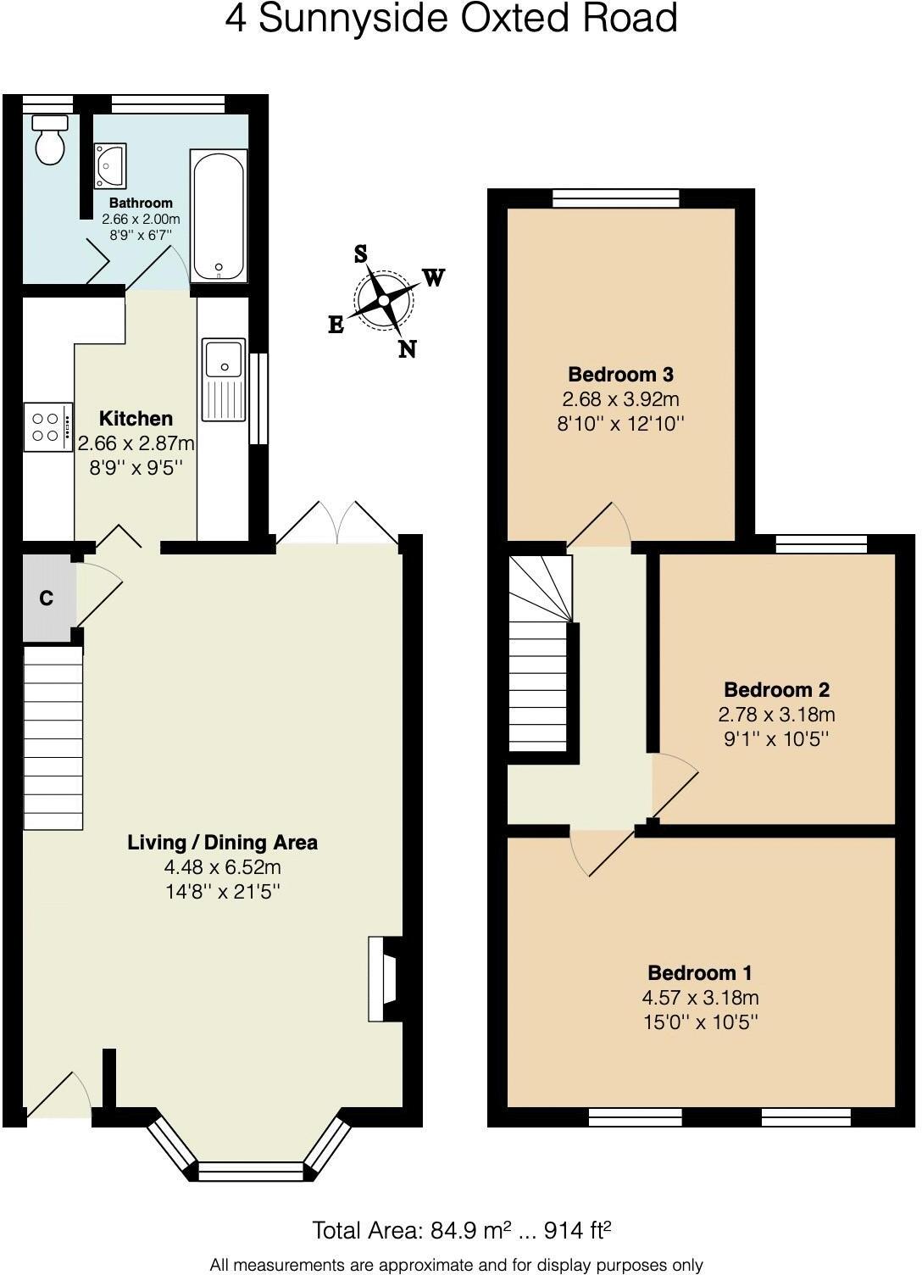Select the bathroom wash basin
pos(111,164)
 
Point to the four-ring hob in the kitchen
pos(47,427)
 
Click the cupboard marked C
pos(47,599)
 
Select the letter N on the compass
pos(408,349)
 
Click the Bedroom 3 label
pos(620,374)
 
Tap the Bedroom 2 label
pos(776,689)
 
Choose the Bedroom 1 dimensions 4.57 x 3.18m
pos(700,997)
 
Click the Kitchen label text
pos(136,418)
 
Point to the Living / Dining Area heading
pos(222,842)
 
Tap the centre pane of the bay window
pos(250,1171)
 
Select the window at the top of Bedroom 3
pos(616,198)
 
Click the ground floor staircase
pos(53,738)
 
